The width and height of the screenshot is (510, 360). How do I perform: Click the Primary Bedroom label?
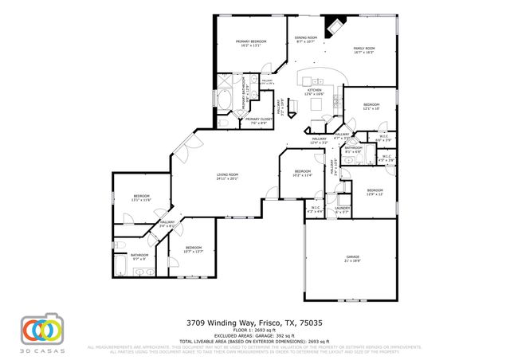click(250, 43)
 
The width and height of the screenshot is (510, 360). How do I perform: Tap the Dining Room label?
click(307, 40)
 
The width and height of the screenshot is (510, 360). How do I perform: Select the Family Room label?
click(363, 50)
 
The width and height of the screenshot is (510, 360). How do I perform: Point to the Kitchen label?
click(316, 92)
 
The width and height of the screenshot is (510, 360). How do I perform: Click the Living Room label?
click(227, 176)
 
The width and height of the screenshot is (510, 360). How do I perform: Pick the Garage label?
click(352, 259)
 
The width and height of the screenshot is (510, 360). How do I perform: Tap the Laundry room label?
click(343, 211)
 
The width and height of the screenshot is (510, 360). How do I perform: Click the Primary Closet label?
click(258, 121)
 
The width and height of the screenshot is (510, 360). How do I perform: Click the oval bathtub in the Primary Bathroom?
click(225, 101)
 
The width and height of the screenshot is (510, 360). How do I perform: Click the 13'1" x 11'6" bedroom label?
click(142, 198)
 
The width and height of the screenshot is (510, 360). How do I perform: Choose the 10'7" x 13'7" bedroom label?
click(194, 249)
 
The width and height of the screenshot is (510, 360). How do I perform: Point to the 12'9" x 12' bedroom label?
click(375, 192)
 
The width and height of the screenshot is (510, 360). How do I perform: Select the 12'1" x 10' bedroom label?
click(372, 107)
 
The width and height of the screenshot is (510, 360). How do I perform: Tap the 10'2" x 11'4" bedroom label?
click(302, 173)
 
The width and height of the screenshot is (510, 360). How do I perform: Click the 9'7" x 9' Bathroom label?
click(140, 256)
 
